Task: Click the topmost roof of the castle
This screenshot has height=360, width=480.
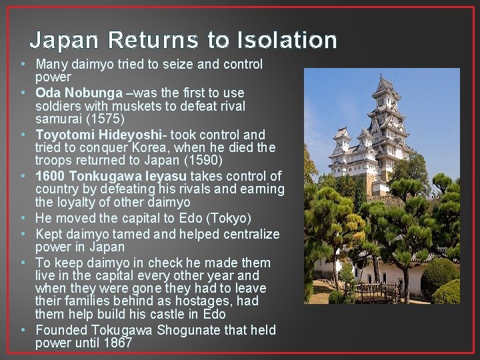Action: tap(387, 85)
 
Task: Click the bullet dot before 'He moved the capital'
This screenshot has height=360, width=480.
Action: tap(23, 218)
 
